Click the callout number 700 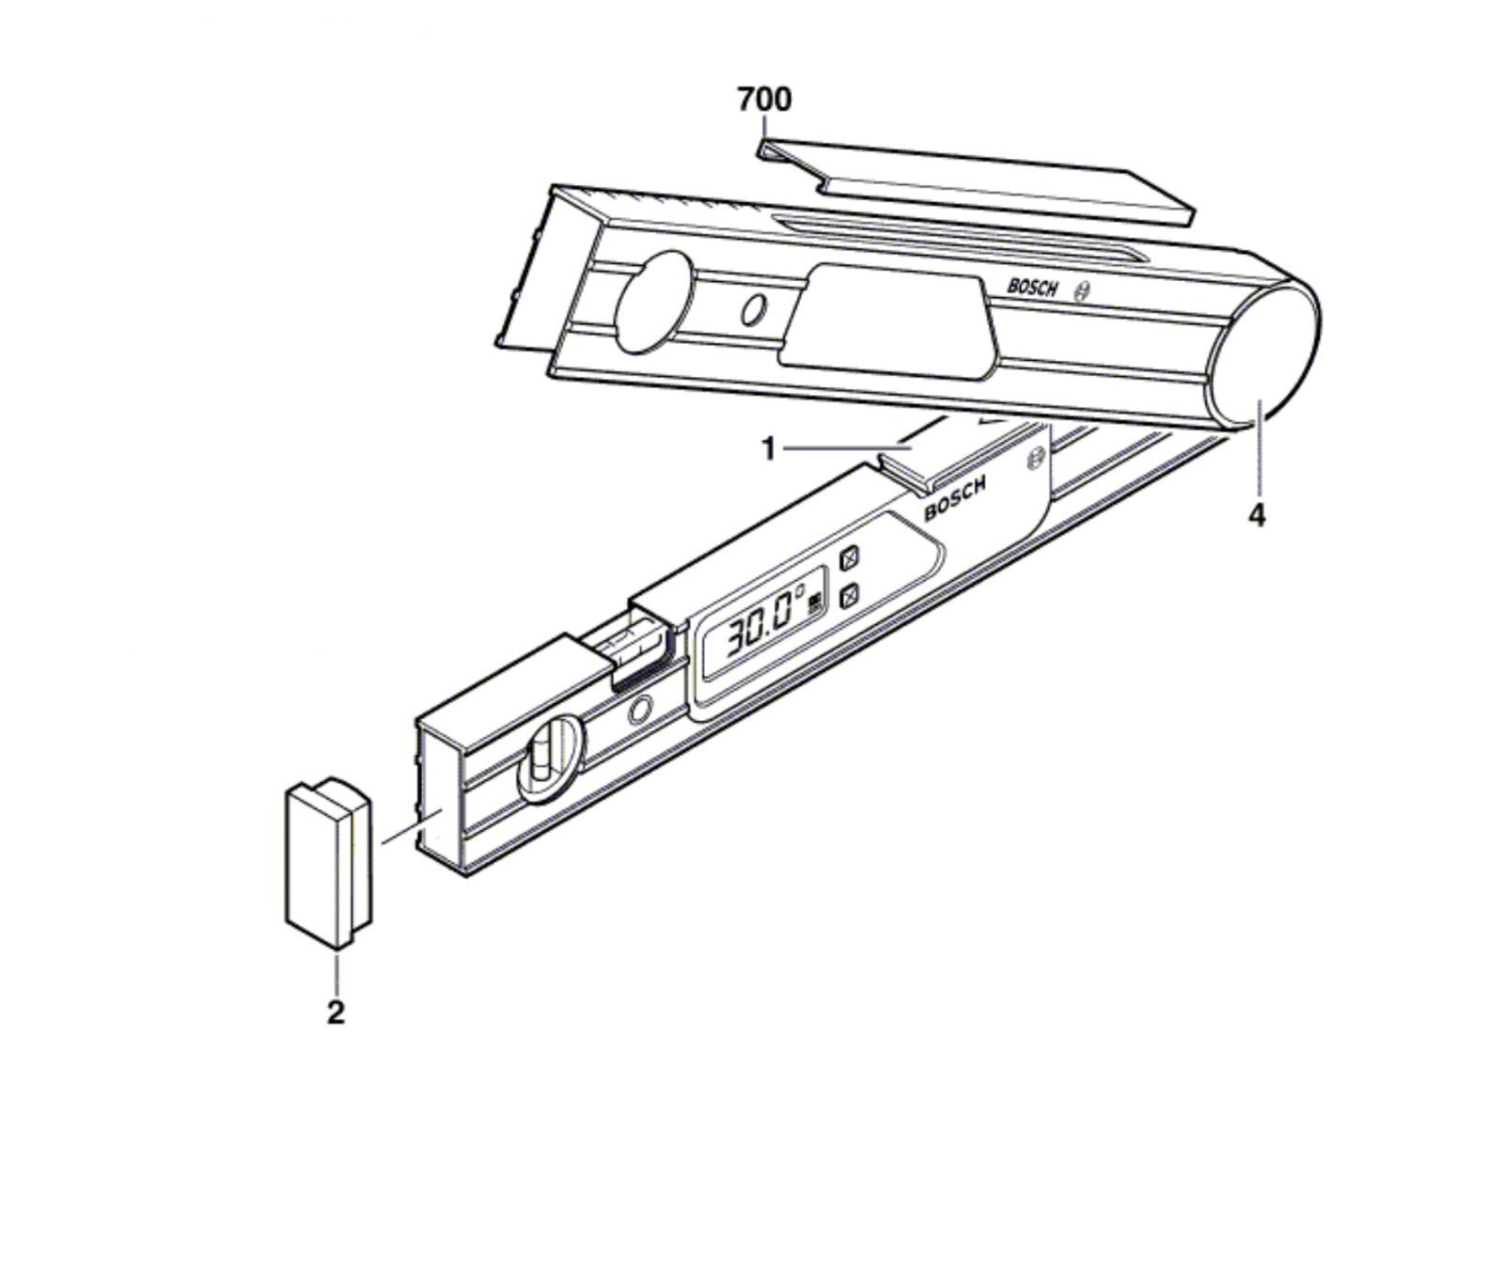point(764,99)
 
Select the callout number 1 point(769,450)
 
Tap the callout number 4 point(1257,515)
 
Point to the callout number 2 point(336,1013)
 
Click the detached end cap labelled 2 point(328,862)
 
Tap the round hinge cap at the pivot point(1265,356)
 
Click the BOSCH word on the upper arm point(1033,288)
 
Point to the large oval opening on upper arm point(655,301)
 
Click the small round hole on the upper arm point(752,310)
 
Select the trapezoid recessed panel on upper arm point(887,322)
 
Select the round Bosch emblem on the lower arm point(1036,460)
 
